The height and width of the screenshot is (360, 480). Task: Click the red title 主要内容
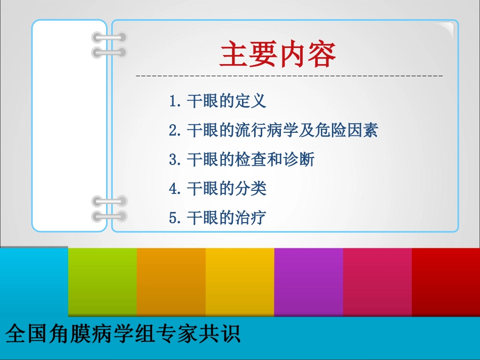(x=278, y=55)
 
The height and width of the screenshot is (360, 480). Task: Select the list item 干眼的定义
(x=226, y=101)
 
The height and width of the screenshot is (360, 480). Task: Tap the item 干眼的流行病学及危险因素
(x=282, y=131)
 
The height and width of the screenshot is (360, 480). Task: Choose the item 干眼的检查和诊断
(x=250, y=160)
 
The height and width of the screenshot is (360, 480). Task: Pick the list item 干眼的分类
(x=226, y=189)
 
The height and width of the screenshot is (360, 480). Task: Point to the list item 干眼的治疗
(x=226, y=218)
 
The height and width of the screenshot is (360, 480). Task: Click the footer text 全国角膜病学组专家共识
(x=123, y=334)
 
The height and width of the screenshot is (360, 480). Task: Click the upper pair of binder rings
(x=109, y=44)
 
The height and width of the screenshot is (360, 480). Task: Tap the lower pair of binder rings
(x=109, y=209)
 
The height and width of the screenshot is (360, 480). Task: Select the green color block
(x=102, y=282)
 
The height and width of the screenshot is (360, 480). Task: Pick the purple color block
(x=308, y=282)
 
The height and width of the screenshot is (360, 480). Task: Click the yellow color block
(x=239, y=282)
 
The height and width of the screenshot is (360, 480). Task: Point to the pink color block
(x=377, y=282)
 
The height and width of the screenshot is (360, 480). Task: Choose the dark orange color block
(x=171, y=282)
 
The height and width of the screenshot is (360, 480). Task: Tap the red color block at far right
(x=446, y=282)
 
